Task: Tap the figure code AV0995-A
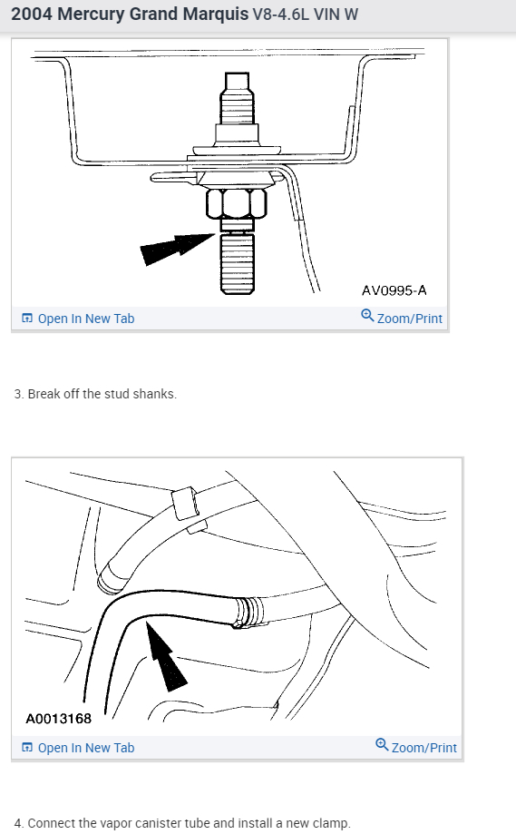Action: pyautogui.click(x=394, y=290)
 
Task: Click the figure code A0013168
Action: pyautogui.click(x=58, y=719)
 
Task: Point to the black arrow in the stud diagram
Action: pyautogui.click(x=177, y=248)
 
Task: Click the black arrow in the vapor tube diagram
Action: pyautogui.click(x=166, y=657)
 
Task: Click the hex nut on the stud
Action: pyautogui.click(x=237, y=203)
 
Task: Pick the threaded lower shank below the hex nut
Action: pyautogui.click(x=237, y=263)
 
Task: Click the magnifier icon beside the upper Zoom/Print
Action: pyautogui.click(x=367, y=316)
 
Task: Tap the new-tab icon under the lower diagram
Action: pyautogui.click(x=27, y=747)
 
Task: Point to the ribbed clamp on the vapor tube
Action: pyautogui.click(x=247, y=613)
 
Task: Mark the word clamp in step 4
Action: pyautogui.click(x=333, y=823)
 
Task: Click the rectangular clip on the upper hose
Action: pyautogui.click(x=185, y=503)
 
